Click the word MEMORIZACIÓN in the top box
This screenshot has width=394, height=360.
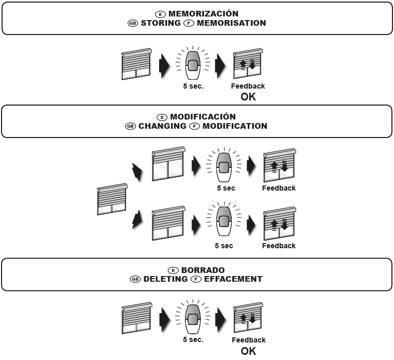pos(203,14)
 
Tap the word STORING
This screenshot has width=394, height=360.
pos(160,23)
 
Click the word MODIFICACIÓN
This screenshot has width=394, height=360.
pos(203,117)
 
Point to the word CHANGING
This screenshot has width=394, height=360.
pos(162,126)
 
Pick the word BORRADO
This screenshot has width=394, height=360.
pos(203,270)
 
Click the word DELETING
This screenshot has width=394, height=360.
pos(165,279)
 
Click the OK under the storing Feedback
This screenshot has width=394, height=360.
pos(248,96)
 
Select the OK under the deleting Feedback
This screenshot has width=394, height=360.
pos(248,351)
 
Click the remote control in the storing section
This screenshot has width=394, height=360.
pos(193,64)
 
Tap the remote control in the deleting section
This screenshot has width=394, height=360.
pos(193,318)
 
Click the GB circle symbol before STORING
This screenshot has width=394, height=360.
pos(133,23)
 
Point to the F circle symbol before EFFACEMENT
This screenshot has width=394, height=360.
pos(196,279)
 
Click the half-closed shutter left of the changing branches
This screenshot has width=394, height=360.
pos(112,199)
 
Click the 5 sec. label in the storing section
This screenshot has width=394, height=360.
pos(194,86)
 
